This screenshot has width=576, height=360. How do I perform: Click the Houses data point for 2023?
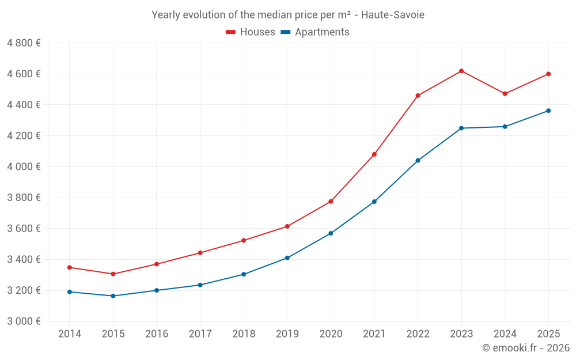(461, 71)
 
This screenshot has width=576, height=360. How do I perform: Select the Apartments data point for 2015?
(113, 296)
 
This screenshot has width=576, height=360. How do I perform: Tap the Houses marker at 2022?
(418, 96)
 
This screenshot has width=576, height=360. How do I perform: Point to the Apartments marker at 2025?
(548, 111)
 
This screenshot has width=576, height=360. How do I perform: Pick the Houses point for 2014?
(70, 267)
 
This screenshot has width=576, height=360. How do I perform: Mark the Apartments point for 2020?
(331, 233)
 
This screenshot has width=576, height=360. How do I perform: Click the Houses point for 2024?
(505, 94)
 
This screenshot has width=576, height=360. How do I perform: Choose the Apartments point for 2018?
(244, 274)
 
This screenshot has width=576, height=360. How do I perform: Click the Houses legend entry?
(251, 32)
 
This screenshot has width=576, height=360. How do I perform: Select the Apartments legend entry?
(315, 32)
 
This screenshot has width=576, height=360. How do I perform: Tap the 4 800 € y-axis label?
(24, 43)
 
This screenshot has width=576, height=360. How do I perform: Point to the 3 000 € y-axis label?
(24, 321)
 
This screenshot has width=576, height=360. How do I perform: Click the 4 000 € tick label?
(24, 166)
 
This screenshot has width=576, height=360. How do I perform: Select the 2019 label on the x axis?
(287, 334)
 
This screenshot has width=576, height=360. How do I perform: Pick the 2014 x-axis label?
(70, 334)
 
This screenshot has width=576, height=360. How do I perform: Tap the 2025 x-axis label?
(548, 334)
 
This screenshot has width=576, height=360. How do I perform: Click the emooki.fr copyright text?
(526, 348)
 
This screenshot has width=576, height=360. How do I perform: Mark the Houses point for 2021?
(374, 154)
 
